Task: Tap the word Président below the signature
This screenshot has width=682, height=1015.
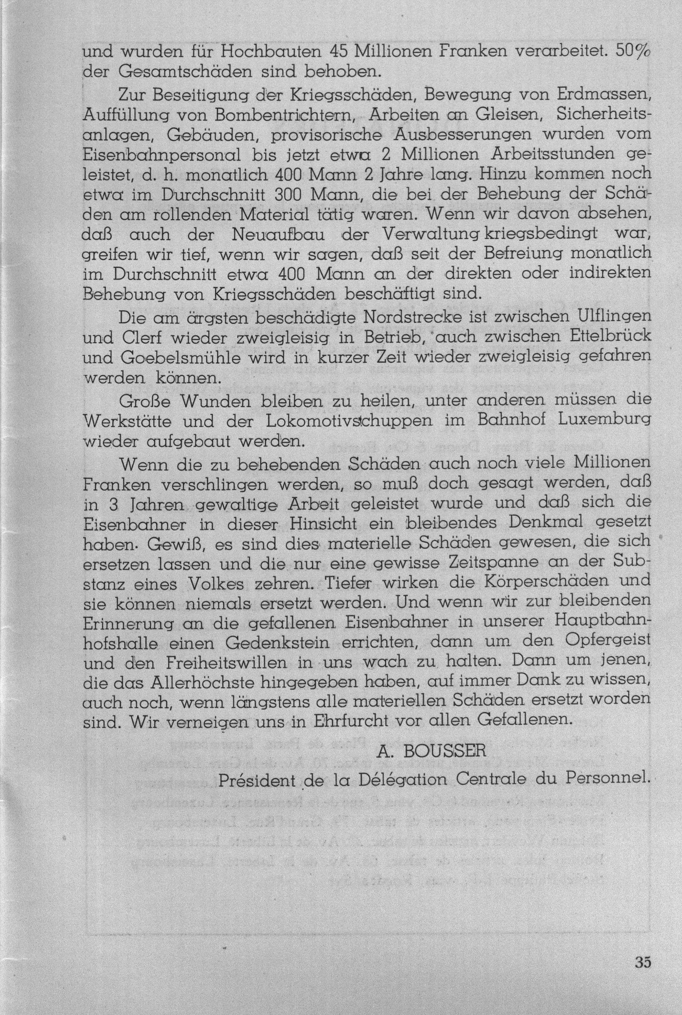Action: tap(256, 780)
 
